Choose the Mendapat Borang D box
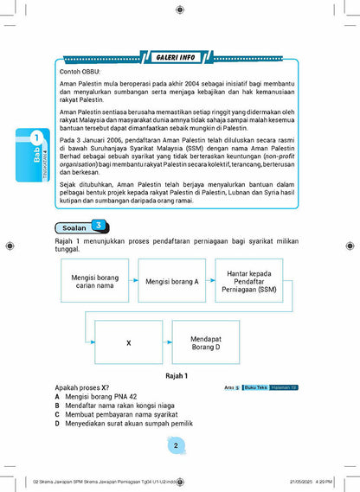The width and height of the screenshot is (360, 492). (206, 342)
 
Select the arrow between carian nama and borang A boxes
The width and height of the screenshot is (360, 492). (128, 282)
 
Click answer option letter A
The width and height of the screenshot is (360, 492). (57, 396)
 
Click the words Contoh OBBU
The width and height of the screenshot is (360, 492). (81, 72)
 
